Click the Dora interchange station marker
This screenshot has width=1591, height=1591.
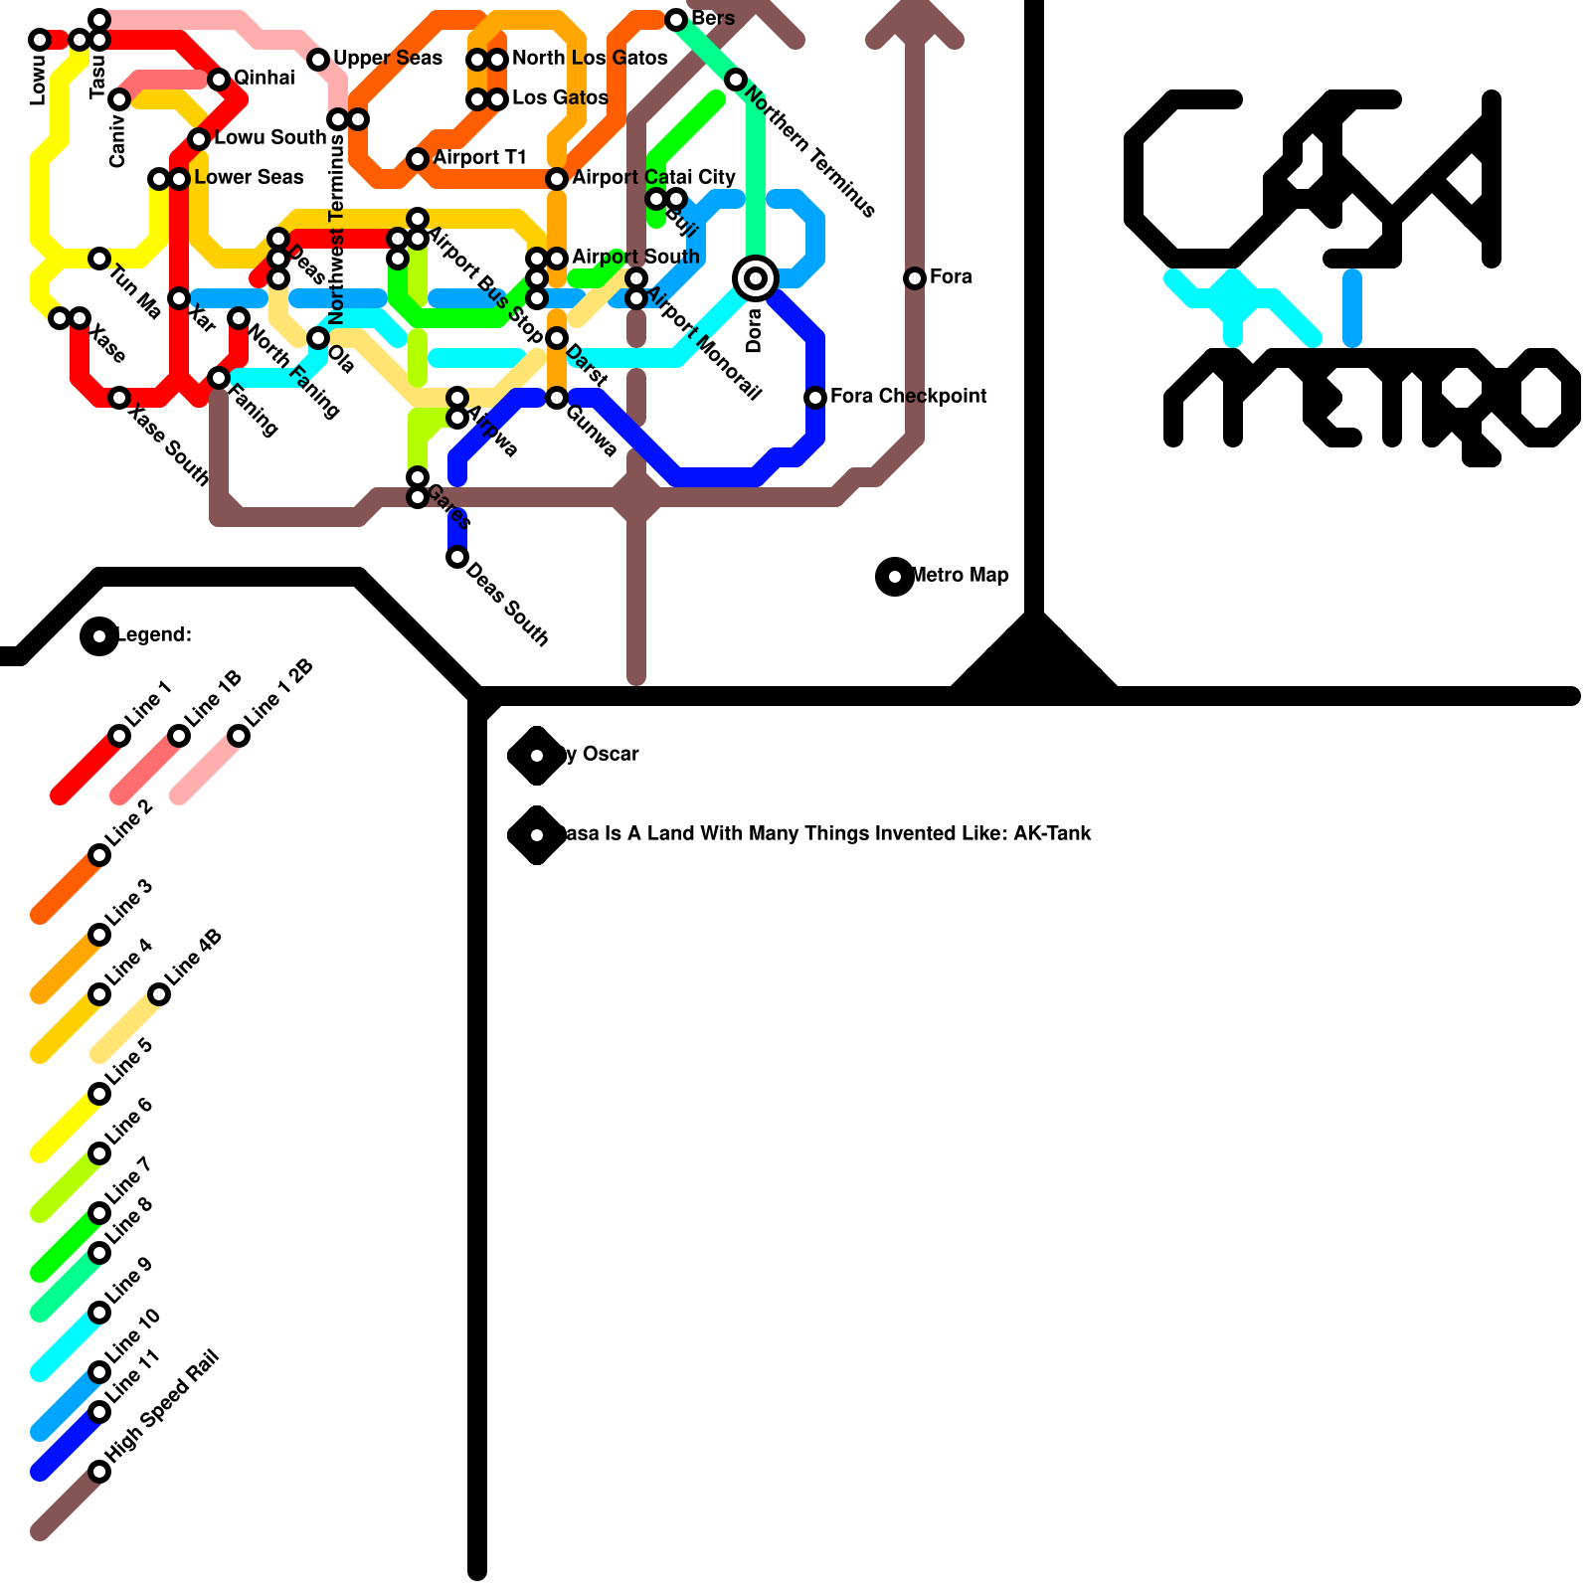pyautogui.click(x=756, y=278)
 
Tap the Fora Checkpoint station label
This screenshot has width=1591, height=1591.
pyautogui.click(x=908, y=396)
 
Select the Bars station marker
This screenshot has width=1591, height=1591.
pyautogui.click(x=676, y=20)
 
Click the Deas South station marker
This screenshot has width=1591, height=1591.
pyautogui.click(x=457, y=557)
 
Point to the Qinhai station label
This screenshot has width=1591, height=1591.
pyautogui.click(x=264, y=78)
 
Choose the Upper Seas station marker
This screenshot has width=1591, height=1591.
pyautogui.click(x=318, y=60)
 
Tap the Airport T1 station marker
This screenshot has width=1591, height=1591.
pyautogui.click(x=418, y=159)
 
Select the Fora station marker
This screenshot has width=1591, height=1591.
pyautogui.click(x=915, y=278)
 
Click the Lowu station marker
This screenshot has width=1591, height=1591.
pyautogui.click(x=40, y=40)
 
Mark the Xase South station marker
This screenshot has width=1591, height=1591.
pyautogui.click(x=119, y=398)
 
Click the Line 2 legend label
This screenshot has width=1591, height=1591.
pyautogui.click(x=129, y=823)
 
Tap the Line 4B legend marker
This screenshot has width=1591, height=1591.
pyautogui.click(x=159, y=994)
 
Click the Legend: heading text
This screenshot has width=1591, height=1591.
pyautogui.click(x=155, y=634)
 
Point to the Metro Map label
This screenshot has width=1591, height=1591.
pyautogui.click(x=960, y=575)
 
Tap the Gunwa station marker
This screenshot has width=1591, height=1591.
pyautogui.click(x=557, y=398)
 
